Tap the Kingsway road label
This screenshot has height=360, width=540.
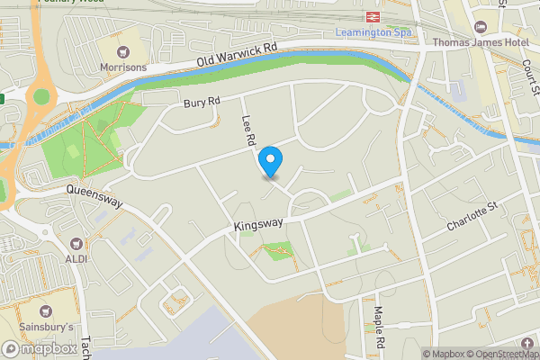tap(258, 223)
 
